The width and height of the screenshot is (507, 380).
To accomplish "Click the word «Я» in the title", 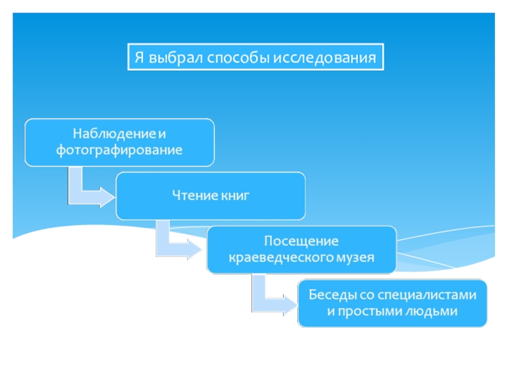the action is pyautogui.click(x=139, y=58).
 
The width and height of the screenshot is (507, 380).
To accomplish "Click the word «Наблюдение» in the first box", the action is pyautogui.click(x=114, y=134).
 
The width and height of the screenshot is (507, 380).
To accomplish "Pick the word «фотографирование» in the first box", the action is pyautogui.click(x=119, y=151).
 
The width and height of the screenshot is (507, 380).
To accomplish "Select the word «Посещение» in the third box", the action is pyautogui.click(x=301, y=241).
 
